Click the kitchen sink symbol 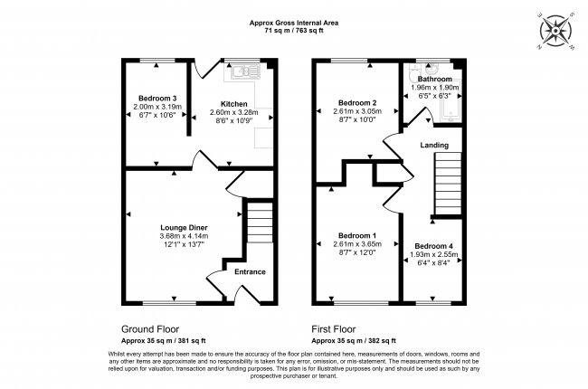point(244,71)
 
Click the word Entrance point(250,271)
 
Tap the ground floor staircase point(259,223)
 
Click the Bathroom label point(434,80)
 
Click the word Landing point(435,145)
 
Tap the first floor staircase point(448,185)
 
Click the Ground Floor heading point(149,329)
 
